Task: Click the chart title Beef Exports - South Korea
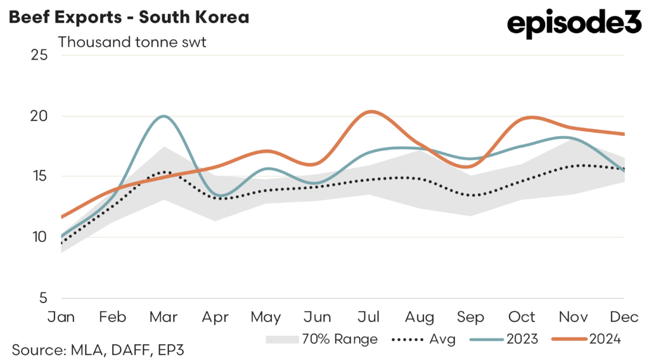128,17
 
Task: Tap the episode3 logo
574,25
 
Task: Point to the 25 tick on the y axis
39,55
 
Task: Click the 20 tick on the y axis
39,116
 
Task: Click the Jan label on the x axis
62,316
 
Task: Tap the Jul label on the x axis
369,316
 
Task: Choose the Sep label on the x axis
472,316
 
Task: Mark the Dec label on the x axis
624,316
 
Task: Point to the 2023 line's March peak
164,116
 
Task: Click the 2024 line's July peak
371,112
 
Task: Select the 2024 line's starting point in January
62,217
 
